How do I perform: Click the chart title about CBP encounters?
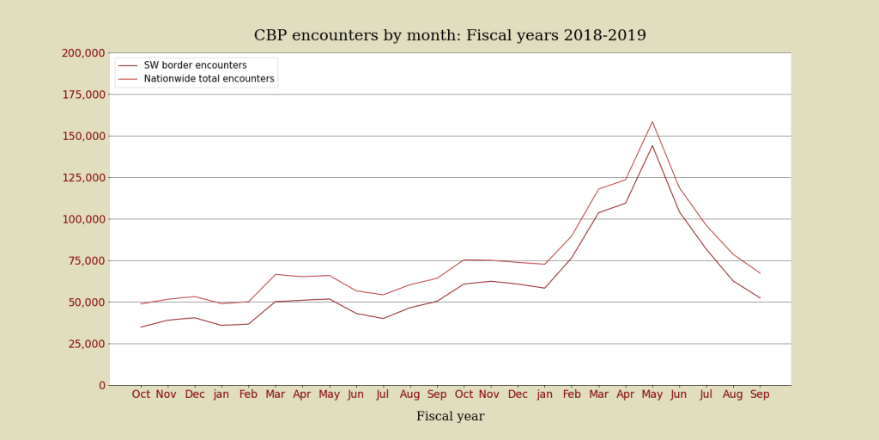click(x=450, y=36)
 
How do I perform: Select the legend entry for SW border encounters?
click(x=195, y=65)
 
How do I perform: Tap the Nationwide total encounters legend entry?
click(x=209, y=79)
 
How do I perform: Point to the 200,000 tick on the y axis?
click(x=83, y=53)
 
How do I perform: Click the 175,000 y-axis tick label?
click(x=83, y=95)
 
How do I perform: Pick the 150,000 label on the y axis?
click(x=83, y=136)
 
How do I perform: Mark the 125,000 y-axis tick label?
click(x=83, y=178)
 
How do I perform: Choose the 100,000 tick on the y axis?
click(x=83, y=219)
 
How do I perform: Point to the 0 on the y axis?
click(x=101, y=385)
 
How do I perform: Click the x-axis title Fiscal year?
click(x=450, y=417)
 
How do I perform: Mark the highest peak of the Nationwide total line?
click(x=652, y=121)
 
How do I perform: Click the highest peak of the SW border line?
click(x=652, y=145)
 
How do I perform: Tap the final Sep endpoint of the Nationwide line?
click(x=760, y=273)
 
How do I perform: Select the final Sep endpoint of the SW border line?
click(x=760, y=298)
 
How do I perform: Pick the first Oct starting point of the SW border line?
click(x=141, y=327)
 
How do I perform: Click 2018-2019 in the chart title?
click(x=604, y=36)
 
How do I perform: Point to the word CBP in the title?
click(x=272, y=36)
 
